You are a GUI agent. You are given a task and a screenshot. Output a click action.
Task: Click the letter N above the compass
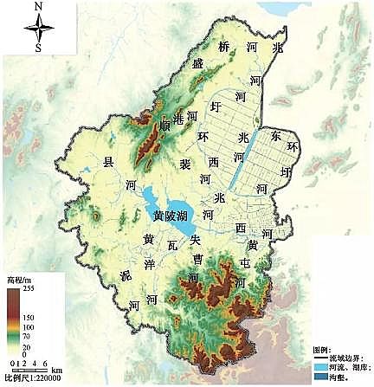click(x=38, y=7)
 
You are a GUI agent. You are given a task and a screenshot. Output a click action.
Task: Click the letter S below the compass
click(x=38, y=48)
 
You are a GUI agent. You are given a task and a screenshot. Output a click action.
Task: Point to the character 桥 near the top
click(x=225, y=47)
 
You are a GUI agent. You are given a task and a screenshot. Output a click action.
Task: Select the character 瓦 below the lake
click(x=172, y=247)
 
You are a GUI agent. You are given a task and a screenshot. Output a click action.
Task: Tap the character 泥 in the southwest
click(x=126, y=276)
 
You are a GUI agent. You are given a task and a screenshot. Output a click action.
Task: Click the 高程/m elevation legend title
click(x=19, y=280)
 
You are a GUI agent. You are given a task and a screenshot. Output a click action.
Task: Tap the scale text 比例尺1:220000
click(x=31, y=378)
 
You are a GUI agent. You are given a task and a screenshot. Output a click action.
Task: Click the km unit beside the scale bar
click(x=57, y=370)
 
